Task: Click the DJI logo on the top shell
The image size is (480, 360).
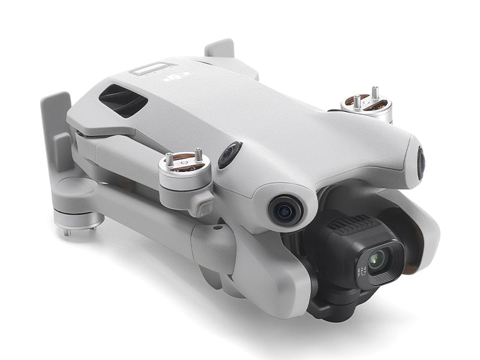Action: pos(175,77)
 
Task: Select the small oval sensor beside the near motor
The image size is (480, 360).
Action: pos(229,155)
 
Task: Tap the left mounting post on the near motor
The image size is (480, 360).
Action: pos(170,158)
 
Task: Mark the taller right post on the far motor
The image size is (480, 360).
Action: pos(375,93)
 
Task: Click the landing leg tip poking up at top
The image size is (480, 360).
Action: pos(220,48)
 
